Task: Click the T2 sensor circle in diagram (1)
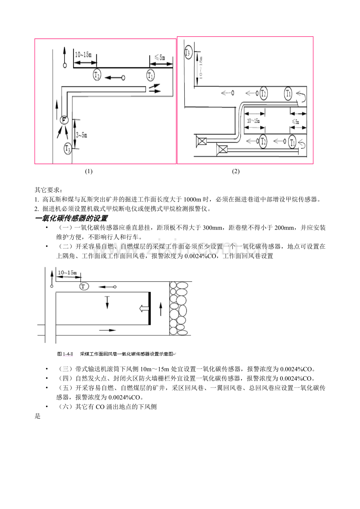[97, 75]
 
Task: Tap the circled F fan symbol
[64, 120]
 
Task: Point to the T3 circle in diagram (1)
[68, 148]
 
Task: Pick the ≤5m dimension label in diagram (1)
[160, 57]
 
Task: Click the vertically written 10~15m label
[201, 67]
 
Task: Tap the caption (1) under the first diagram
[89, 171]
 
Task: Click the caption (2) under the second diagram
[236, 171]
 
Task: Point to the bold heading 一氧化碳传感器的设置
[71, 218]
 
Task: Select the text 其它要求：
[48, 190]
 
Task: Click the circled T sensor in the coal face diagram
[84, 287]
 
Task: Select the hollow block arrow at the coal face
[143, 309]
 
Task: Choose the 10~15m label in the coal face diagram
[67, 272]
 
